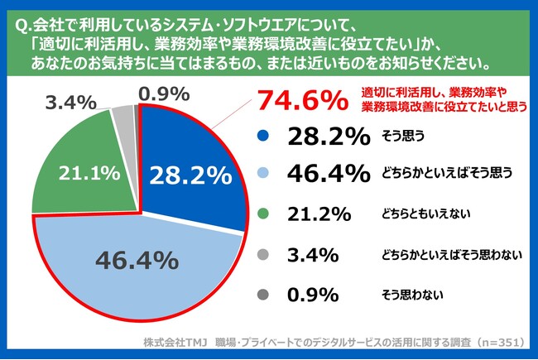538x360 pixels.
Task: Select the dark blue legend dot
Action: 265,137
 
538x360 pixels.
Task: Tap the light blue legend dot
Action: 265,173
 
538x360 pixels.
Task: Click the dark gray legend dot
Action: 265,293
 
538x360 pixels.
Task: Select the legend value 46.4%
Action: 328,173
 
